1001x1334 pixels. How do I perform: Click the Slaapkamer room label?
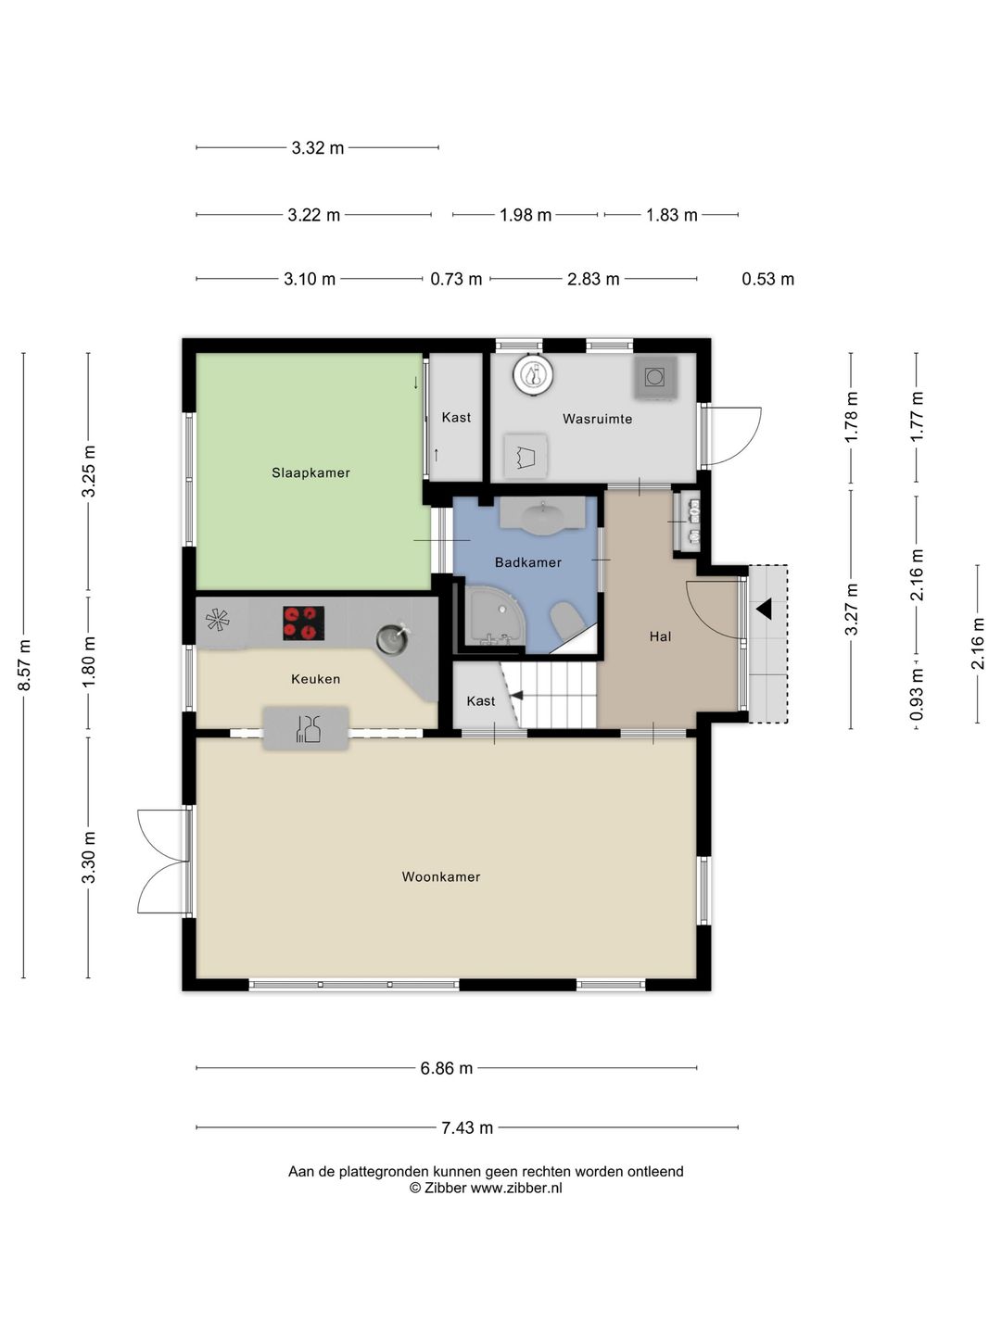point(310,472)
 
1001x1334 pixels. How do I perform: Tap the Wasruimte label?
point(597,419)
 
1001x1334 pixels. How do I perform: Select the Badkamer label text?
point(527,562)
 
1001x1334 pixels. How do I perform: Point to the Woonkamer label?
point(440,876)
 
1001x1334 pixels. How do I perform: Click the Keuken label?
point(315,679)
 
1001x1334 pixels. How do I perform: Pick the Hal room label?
point(660,636)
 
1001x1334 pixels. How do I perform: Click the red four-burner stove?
point(303,623)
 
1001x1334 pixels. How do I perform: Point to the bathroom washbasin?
point(543,517)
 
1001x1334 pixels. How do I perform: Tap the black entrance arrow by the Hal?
point(764,609)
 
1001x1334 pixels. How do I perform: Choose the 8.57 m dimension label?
point(24,665)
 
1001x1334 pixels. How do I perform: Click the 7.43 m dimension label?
point(467,1127)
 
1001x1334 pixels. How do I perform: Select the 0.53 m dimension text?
point(767,279)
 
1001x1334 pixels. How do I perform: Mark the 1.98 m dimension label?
point(526,215)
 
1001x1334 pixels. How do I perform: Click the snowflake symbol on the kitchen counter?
point(218,620)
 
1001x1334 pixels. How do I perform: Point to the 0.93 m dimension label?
point(917,694)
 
